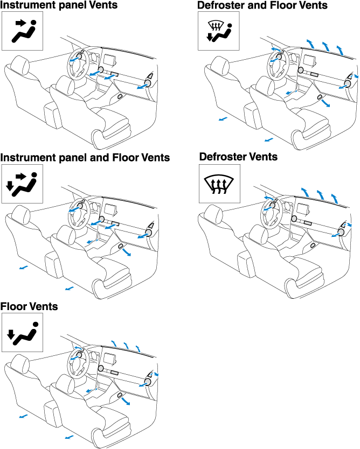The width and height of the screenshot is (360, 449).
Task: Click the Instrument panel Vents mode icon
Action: pos(22,31)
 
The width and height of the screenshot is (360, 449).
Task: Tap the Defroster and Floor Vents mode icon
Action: pos(218,31)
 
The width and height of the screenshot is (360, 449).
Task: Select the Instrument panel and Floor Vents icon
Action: pos(22,184)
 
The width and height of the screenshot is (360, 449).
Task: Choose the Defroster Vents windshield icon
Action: pos(219,184)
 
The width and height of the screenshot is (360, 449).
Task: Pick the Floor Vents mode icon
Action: pos(22,332)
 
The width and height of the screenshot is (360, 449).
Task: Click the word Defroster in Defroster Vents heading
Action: pos(224,157)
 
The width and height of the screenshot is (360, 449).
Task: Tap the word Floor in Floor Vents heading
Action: pos(12,306)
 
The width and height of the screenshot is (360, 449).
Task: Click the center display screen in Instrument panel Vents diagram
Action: pos(110,60)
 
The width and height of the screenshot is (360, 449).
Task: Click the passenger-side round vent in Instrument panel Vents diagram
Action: pos(148,83)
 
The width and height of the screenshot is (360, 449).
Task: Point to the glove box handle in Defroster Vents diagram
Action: pos(313,245)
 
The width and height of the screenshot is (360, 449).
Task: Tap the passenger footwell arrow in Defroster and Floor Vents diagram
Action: pos(326,103)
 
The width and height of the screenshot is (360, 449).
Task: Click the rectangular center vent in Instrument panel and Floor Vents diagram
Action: pos(115,223)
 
